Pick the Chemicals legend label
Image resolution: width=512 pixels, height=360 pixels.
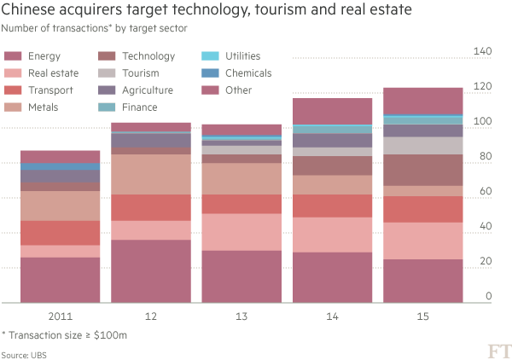click(248, 73)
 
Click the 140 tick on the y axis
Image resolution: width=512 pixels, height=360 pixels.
click(481, 52)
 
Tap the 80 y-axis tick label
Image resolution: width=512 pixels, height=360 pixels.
click(484, 156)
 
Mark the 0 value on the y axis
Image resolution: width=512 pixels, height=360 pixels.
click(489, 296)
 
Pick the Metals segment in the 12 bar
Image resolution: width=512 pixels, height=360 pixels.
click(151, 174)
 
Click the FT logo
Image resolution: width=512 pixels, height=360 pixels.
click(497, 350)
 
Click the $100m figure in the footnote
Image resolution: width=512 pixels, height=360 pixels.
click(113, 335)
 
